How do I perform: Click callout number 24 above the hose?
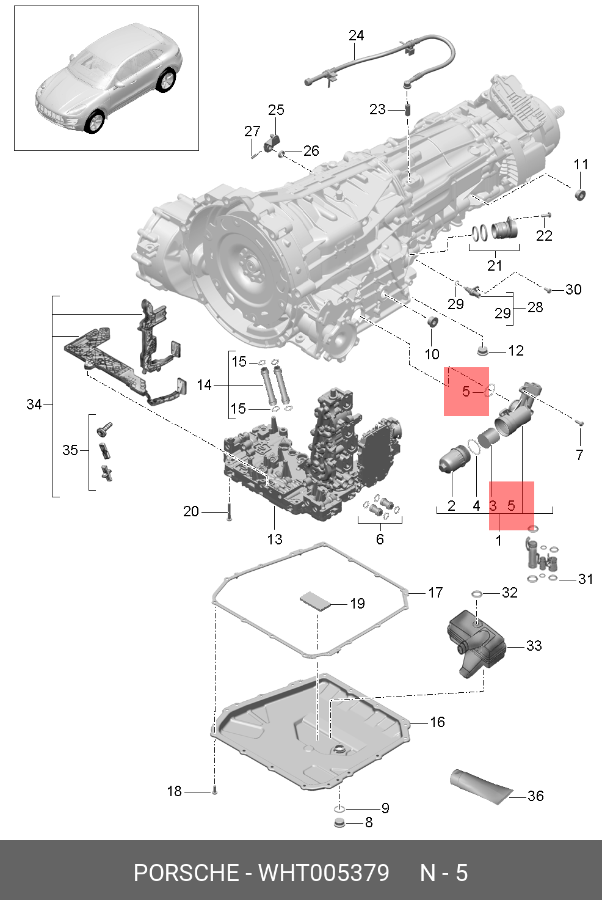click(356, 35)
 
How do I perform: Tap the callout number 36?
click(535, 796)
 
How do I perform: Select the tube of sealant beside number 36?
click(481, 785)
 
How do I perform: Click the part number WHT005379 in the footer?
click(324, 873)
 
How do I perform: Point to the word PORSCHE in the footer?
click(186, 873)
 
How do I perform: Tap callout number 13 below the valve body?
click(275, 539)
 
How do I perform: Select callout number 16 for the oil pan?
click(437, 722)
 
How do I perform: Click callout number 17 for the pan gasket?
click(435, 592)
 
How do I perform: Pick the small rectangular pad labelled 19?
click(314, 599)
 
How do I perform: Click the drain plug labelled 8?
click(340, 822)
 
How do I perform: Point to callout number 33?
click(534, 645)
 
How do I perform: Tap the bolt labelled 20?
click(229, 512)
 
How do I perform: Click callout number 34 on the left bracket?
click(34, 404)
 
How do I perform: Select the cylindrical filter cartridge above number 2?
click(453, 459)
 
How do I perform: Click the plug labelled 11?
click(580, 194)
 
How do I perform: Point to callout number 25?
click(276, 110)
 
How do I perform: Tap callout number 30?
click(573, 289)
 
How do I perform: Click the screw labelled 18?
click(214, 791)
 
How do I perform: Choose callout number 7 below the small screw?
click(579, 454)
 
